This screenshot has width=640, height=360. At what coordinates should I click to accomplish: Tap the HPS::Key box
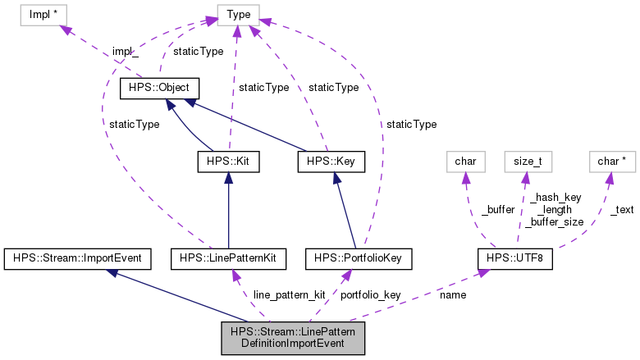[x=331, y=162]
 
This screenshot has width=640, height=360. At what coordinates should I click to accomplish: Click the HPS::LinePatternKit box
[x=228, y=258]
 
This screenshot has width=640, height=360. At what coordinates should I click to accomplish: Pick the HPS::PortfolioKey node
[x=357, y=258]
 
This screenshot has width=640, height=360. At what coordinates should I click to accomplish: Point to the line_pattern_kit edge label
[x=289, y=294]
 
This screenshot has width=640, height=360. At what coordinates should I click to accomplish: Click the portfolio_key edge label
[x=370, y=294]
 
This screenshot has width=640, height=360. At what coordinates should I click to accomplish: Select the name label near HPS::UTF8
[x=453, y=294]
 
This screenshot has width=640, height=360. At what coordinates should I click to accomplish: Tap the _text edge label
[x=621, y=209]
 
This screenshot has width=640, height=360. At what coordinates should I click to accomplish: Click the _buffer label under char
[x=497, y=209]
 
